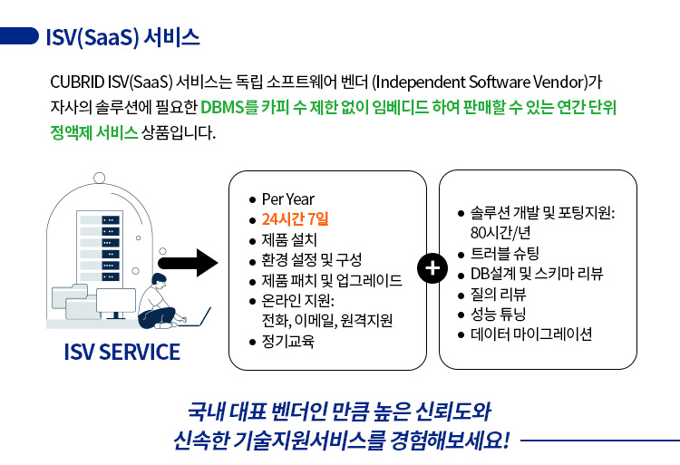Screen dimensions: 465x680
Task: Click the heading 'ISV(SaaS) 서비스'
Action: click(121, 38)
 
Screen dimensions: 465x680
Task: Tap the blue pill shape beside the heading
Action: click(19, 37)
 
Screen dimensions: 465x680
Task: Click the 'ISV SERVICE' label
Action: click(121, 352)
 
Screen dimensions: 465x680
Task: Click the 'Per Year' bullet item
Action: click(287, 199)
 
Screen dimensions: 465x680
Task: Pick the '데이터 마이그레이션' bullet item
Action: click(530, 334)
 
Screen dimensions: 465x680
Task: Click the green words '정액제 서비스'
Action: click(94, 131)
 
